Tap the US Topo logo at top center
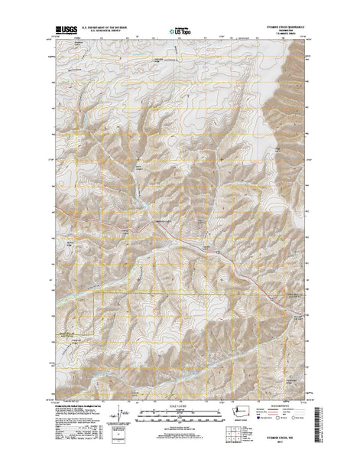[x=180, y=31]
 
